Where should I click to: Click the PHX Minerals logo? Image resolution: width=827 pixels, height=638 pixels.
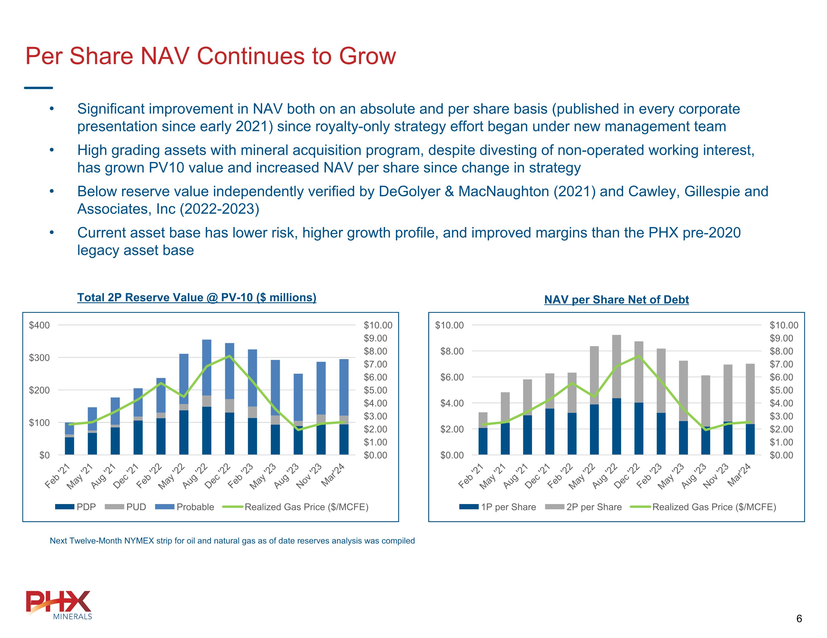click(59, 605)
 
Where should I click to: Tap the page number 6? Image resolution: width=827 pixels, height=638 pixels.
click(799, 619)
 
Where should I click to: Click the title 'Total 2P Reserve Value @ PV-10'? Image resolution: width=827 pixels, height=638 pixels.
click(197, 298)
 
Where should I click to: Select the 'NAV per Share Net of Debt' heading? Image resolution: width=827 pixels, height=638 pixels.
click(616, 300)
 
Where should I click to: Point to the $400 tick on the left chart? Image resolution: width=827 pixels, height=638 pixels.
click(39, 325)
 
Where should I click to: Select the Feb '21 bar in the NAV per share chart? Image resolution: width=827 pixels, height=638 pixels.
click(483, 434)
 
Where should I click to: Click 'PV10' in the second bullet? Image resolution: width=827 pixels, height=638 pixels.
click(166, 168)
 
